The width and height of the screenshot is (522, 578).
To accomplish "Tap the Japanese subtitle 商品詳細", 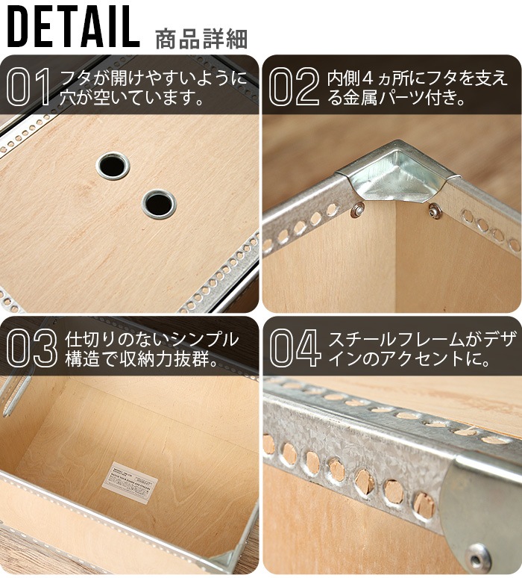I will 201,38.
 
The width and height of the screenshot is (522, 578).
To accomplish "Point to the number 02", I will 293,87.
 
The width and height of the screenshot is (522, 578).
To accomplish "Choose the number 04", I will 294,348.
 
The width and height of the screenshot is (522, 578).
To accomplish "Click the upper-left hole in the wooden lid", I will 113,165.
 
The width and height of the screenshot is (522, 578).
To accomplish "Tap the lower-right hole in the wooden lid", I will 159,203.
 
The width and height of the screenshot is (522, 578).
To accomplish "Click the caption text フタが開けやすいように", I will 153,78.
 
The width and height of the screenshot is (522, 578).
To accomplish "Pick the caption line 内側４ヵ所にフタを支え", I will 418,78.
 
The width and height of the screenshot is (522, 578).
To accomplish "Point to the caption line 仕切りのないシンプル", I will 152,339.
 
